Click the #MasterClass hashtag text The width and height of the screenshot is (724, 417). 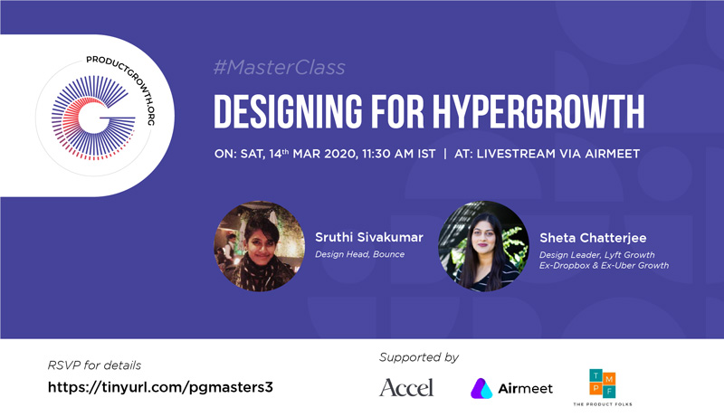coord(279,68)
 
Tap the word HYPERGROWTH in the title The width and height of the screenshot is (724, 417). coord(538,111)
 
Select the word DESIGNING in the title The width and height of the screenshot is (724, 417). coord(288,111)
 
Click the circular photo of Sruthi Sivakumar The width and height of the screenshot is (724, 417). coord(259,246)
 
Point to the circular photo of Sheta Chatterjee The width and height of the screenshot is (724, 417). coord(483,246)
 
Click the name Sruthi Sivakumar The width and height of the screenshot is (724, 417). coord(369,237)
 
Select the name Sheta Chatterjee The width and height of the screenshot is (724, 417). coord(593,238)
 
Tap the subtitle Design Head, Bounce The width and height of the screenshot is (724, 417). coord(359,254)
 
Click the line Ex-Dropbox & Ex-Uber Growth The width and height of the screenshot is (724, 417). coord(604,265)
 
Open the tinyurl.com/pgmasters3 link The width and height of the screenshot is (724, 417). coord(160,387)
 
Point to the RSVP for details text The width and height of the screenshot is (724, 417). coord(94,365)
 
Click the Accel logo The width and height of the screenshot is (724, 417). coord(406,387)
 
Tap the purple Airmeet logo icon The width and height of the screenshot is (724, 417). coord(481,388)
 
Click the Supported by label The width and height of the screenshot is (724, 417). coord(419,357)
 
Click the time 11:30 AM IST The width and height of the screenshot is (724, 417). coord(398,154)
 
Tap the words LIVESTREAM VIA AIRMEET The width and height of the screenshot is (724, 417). coord(558,154)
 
